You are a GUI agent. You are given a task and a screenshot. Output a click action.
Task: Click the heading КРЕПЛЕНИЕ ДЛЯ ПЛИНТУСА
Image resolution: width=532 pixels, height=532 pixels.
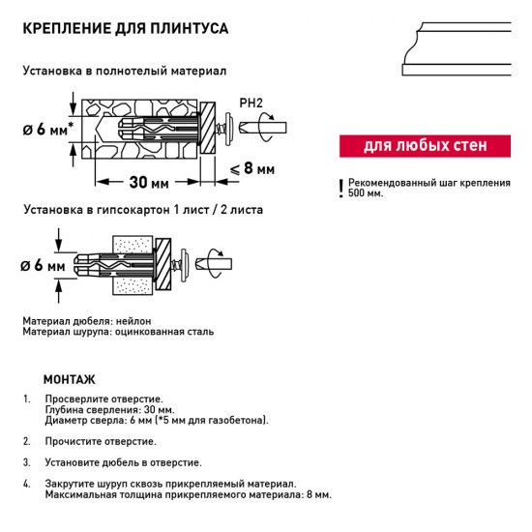pos(125,28)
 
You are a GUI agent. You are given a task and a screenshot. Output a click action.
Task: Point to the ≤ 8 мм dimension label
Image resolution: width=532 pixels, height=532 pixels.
pos(252,168)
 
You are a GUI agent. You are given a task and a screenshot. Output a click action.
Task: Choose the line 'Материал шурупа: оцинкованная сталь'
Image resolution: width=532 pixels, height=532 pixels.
pos(118,331)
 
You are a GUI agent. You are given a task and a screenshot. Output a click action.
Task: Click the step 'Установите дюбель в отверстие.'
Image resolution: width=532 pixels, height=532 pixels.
pos(123,462)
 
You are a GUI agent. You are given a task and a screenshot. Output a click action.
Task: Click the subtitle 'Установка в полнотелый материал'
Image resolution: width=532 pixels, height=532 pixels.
pos(125,72)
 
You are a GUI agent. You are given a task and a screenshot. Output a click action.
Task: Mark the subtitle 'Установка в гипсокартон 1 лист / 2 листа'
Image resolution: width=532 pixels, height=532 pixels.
pos(142,209)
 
